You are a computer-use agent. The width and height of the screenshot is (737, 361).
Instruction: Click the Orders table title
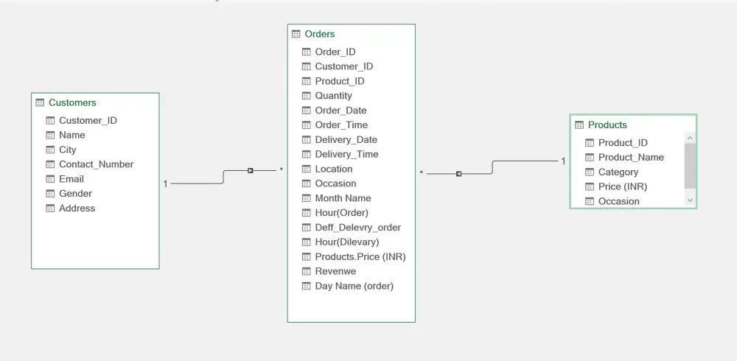click(x=320, y=34)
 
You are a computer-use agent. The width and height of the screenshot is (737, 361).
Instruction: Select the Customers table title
click(x=72, y=102)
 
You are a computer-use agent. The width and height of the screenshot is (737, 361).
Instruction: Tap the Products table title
click(x=607, y=125)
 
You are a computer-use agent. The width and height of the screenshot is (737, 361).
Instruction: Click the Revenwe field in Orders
click(x=335, y=271)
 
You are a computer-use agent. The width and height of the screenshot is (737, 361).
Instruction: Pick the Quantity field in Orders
click(x=333, y=96)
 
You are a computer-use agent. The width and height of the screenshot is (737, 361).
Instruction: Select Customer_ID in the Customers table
click(x=88, y=120)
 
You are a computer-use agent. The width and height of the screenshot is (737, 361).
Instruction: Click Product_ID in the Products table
click(x=623, y=142)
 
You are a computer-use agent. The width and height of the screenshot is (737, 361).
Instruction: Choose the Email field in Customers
click(x=71, y=178)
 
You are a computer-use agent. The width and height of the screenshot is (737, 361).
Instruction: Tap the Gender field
click(x=75, y=193)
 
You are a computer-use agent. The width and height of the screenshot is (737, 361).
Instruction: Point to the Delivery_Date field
click(x=346, y=139)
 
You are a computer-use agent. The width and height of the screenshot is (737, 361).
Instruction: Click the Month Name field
click(x=343, y=198)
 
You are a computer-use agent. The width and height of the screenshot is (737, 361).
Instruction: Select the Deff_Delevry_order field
click(x=357, y=228)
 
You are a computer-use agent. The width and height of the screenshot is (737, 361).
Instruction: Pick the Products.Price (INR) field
click(x=360, y=256)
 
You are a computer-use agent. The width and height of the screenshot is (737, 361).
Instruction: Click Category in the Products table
click(x=618, y=172)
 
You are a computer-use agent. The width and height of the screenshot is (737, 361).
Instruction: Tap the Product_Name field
click(x=631, y=157)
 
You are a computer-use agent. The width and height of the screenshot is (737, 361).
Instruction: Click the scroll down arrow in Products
click(x=690, y=200)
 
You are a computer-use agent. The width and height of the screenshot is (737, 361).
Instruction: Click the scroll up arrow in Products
click(x=690, y=139)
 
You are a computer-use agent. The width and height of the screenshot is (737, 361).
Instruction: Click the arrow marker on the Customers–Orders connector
click(x=251, y=171)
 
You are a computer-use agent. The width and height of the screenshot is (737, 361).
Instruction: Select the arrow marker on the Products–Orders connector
click(x=458, y=174)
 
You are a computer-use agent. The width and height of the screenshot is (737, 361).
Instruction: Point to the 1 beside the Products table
click(x=563, y=161)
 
